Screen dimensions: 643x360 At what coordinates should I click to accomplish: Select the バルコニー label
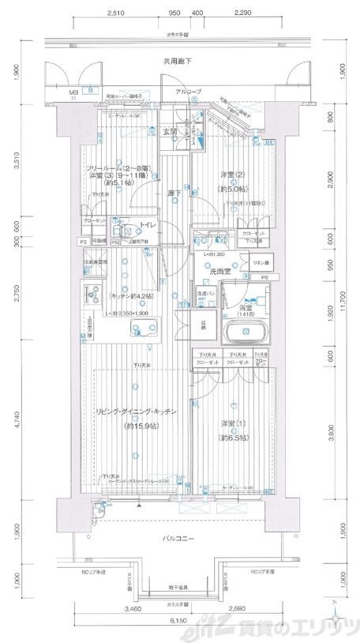click(179, 539)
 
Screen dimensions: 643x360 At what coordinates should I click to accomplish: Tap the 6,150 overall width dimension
click(179, 622)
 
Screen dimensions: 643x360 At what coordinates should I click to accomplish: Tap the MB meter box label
click(73, 92)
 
